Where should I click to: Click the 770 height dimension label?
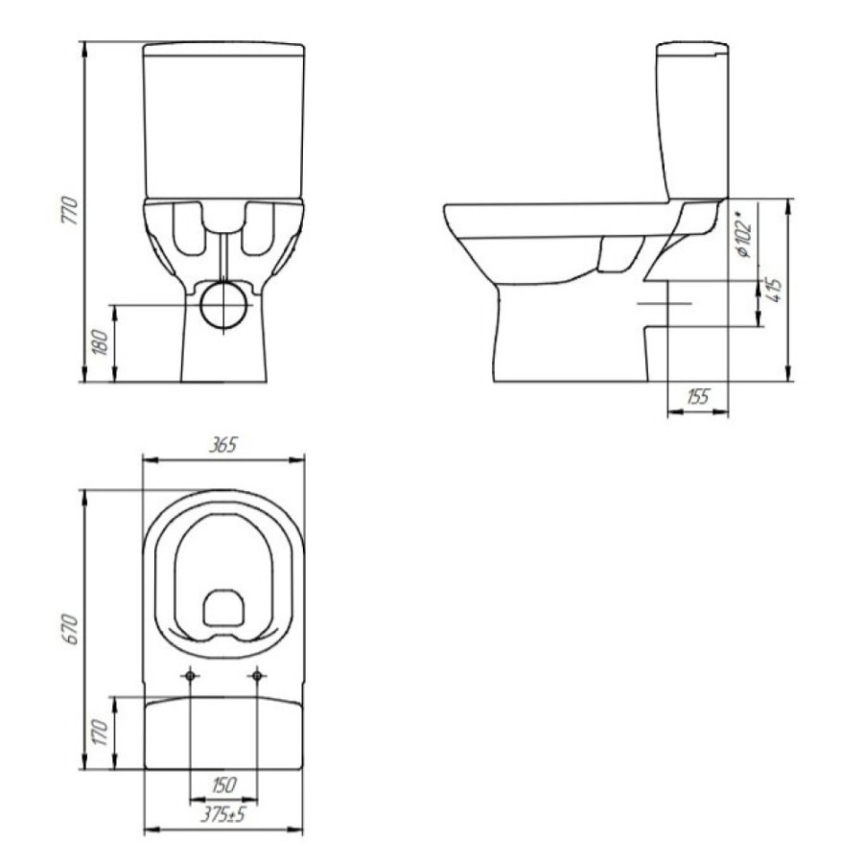point(70,210)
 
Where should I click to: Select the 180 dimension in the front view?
point(101,342)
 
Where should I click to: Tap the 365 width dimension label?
point(222,445)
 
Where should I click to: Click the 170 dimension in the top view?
point(101,732)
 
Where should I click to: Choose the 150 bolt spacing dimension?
point(222,784)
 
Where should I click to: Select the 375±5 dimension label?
point(222,814)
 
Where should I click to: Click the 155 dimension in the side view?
point(698,396)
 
